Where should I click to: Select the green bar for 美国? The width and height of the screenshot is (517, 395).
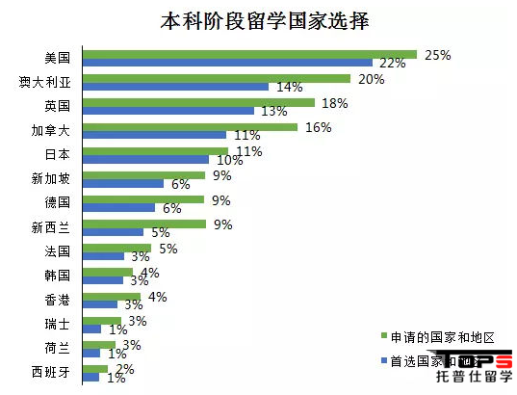click(250, 54)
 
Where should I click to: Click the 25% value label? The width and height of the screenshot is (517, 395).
click(438, 56)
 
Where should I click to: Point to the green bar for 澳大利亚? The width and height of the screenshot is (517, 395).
click(217, 78)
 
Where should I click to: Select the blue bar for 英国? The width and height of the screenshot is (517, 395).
click(168, 110)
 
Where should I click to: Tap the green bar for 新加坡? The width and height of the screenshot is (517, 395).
click(144, 175)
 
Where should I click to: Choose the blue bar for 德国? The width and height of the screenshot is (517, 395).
click(119, 207)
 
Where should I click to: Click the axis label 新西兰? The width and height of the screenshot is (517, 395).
click(51, 227)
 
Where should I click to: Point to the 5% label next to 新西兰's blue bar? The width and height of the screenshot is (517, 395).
click(161, 232)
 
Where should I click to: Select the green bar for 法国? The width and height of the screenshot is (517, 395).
click(117, 248)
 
